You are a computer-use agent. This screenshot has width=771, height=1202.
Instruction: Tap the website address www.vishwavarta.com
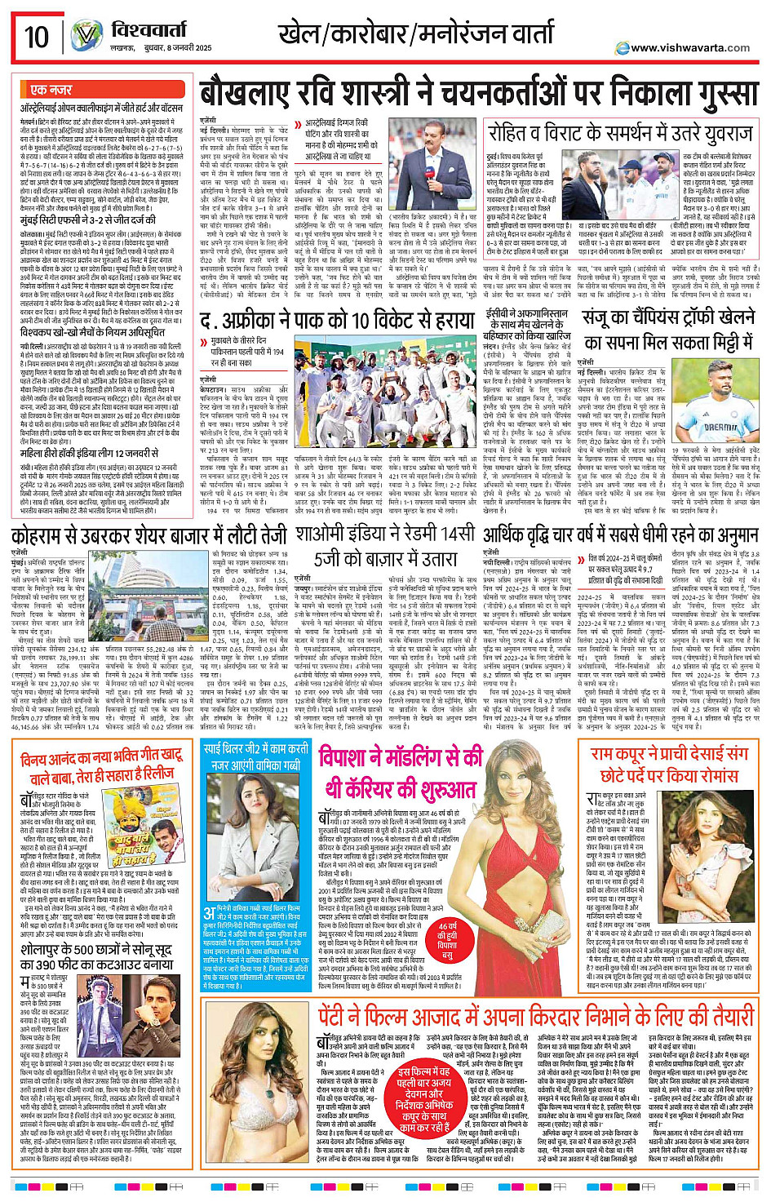click(x=690, y=47)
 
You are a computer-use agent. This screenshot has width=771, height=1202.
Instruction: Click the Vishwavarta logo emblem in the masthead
click(x=86, y=36)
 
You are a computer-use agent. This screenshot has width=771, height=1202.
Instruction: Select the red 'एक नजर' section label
click(x=51, y=90)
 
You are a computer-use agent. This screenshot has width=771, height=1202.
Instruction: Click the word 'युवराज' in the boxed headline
click(x=715, y=132)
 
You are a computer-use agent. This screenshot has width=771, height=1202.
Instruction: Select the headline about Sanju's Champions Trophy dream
click(x=668, y=330)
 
